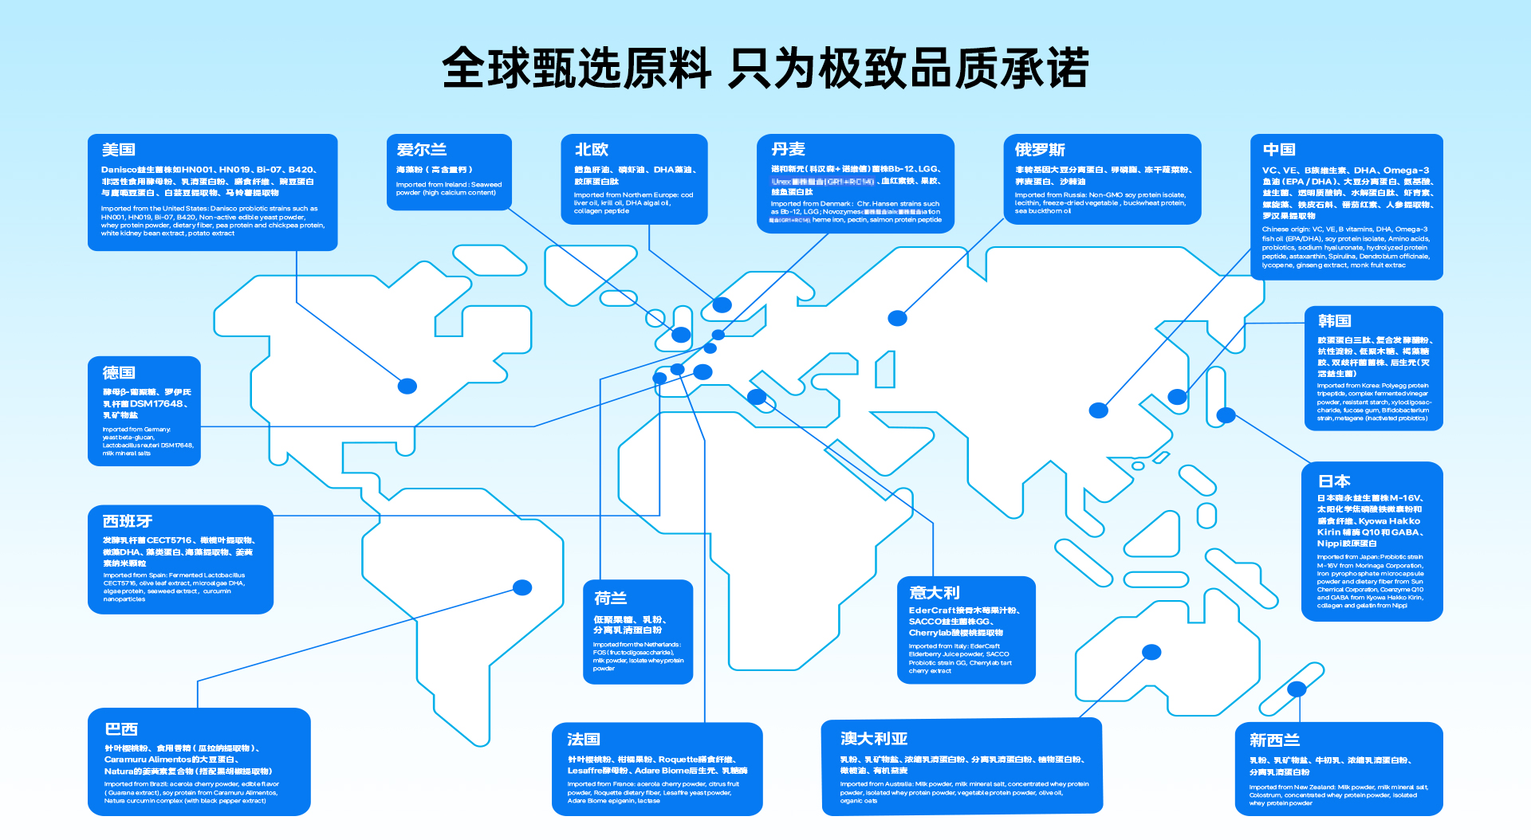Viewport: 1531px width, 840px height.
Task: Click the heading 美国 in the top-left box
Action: pos(119,150)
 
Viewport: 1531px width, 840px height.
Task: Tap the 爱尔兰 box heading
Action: pos(422,150)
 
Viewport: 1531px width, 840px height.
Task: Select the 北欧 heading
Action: pos(592,150)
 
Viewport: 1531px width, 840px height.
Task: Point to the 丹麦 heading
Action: pos(788,150)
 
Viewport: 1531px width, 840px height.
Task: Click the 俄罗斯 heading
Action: pos(1040,150)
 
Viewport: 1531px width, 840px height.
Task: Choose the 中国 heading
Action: pos(1279,150)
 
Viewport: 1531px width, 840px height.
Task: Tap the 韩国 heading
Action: pos(1334,321)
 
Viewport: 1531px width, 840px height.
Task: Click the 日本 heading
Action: pos(1334,481)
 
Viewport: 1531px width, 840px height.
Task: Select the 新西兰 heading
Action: pos(1274,740)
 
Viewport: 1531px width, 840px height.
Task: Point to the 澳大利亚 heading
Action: pos(874,739)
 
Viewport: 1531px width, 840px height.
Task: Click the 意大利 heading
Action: pos(935,593)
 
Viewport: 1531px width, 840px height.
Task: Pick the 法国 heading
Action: pos(584,740)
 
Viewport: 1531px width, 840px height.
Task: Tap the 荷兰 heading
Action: pos(611,599)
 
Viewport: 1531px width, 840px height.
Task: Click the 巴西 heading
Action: pos(121,729)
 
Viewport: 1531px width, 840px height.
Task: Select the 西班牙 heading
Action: pos(128,521)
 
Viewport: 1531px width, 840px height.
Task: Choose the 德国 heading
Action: pos(119,373)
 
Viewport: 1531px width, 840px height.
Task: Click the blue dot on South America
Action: pos(522,587)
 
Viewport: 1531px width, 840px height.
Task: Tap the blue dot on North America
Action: pos(407,387)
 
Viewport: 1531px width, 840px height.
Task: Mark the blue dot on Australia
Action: pos(1151,653)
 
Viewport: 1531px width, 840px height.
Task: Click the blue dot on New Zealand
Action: pos(1297,689)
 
